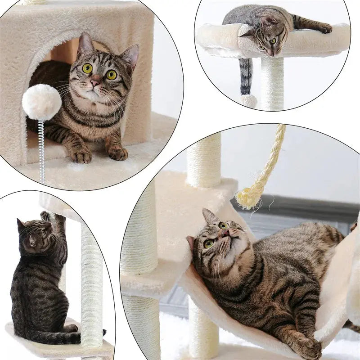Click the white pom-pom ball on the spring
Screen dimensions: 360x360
[41, 102]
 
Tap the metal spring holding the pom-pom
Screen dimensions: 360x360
[41, 144]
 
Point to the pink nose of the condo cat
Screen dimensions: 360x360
[95, 83]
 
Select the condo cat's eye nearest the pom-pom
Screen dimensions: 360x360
[87, 68]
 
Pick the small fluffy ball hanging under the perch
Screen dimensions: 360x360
[248, 100]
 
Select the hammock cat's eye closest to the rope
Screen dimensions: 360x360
[223, 225]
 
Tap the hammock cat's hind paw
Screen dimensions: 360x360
[310, 349]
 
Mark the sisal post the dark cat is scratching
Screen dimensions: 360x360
[91, 279]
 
